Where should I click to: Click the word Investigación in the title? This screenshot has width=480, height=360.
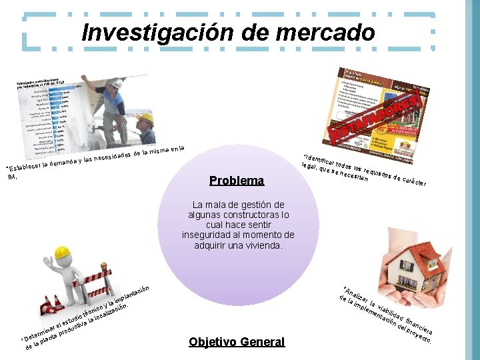click(148, 31)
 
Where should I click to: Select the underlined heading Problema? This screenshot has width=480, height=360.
click(237, 181)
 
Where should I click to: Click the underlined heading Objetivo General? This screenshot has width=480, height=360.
click(237, 342)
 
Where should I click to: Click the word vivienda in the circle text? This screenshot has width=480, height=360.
click(263, 245)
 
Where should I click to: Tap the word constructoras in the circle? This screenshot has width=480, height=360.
click(244, 215)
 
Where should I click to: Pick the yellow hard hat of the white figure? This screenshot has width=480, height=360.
click(62, 253)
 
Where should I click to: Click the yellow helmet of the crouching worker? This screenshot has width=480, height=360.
click(145, 119)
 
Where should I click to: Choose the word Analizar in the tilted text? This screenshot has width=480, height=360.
click(355, 296)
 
